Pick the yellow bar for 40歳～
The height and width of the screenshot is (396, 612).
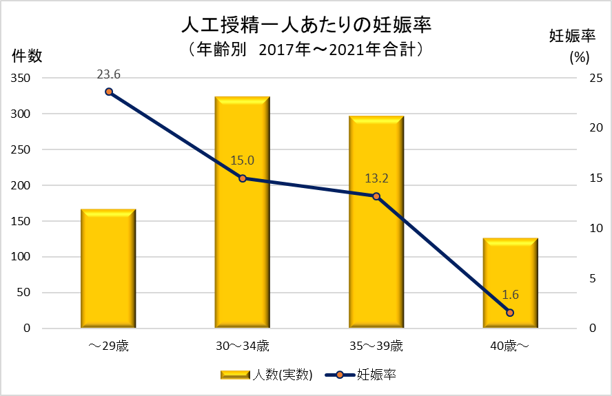click(510, 282)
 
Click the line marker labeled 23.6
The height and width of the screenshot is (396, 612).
click(108, 92)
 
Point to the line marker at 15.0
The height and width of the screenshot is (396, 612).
click(242, 178)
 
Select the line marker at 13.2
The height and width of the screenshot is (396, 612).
click(376, 196)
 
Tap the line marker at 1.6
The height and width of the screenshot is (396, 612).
click(510, 313)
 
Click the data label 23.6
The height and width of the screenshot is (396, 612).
click(108, 74)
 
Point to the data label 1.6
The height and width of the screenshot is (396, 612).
click(510, 295)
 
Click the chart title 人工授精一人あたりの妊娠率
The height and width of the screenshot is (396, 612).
click(305, 26)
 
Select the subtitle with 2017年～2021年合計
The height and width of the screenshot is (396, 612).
click(305, 50)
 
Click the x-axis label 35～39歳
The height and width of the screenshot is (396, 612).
click(376, 345)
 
